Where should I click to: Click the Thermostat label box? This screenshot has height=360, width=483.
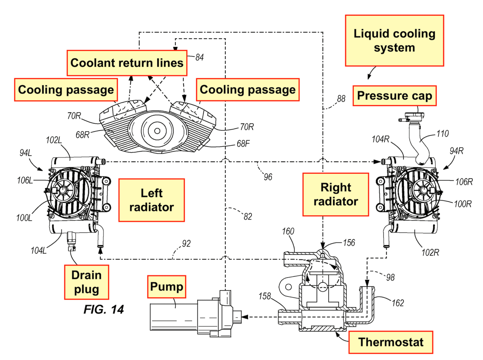pyautogui.click(x=391, y=342)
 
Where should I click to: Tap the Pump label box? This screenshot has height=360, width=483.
pyautogui.click(x=167, y=287)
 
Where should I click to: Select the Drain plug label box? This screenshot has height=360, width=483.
pyautogui.click(x=86, y=282)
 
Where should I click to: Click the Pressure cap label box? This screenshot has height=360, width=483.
pyautogui.click(x=394, y=96)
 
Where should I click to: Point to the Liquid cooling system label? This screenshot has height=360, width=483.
pyautogui.click(x=394, y=41)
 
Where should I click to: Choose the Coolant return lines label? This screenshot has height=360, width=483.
pyautogui.click(x=127, y=63)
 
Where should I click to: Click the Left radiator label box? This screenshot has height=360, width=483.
pyautogui.click(x=152, y=200)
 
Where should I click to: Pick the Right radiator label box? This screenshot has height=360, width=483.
pyautogui.click(x=336, y=194)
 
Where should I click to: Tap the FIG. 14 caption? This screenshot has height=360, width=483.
pyautogui.click(x=103, y=310)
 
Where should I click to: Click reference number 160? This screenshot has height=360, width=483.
pyautogui.click(x=288, y=231)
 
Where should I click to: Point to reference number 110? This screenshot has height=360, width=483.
pyautogui.click(x=442, y=134)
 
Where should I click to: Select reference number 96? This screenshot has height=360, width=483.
pyautogui.click(x=268, y=177)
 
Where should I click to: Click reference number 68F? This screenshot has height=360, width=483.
pyautogui.click(x=243, y=144)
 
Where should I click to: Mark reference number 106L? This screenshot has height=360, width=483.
pyautogui.click(x=25, y=180)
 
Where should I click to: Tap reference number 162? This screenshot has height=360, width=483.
pyautogui.click(x=398, y=303)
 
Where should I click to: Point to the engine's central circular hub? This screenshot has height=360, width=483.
pyautogui.click(x=157, y=131)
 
